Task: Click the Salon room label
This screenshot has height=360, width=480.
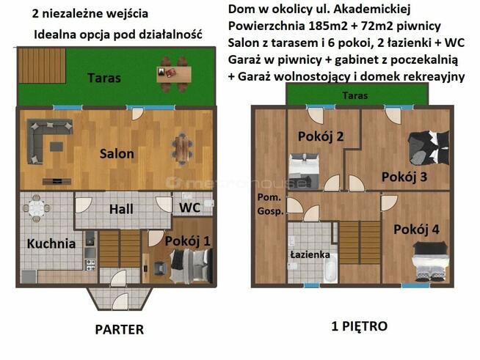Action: [117, 154]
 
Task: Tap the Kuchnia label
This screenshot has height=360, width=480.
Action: [51, 244]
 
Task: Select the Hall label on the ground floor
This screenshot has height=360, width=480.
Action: [121, 209]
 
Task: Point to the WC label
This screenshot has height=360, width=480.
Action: [189, 207]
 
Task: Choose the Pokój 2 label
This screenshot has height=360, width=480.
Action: [321, 136]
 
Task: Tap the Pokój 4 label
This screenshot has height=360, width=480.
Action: [416, 229]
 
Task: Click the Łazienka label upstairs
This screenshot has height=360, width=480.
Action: [309, 254]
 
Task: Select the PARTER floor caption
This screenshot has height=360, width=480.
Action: [119, 329]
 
